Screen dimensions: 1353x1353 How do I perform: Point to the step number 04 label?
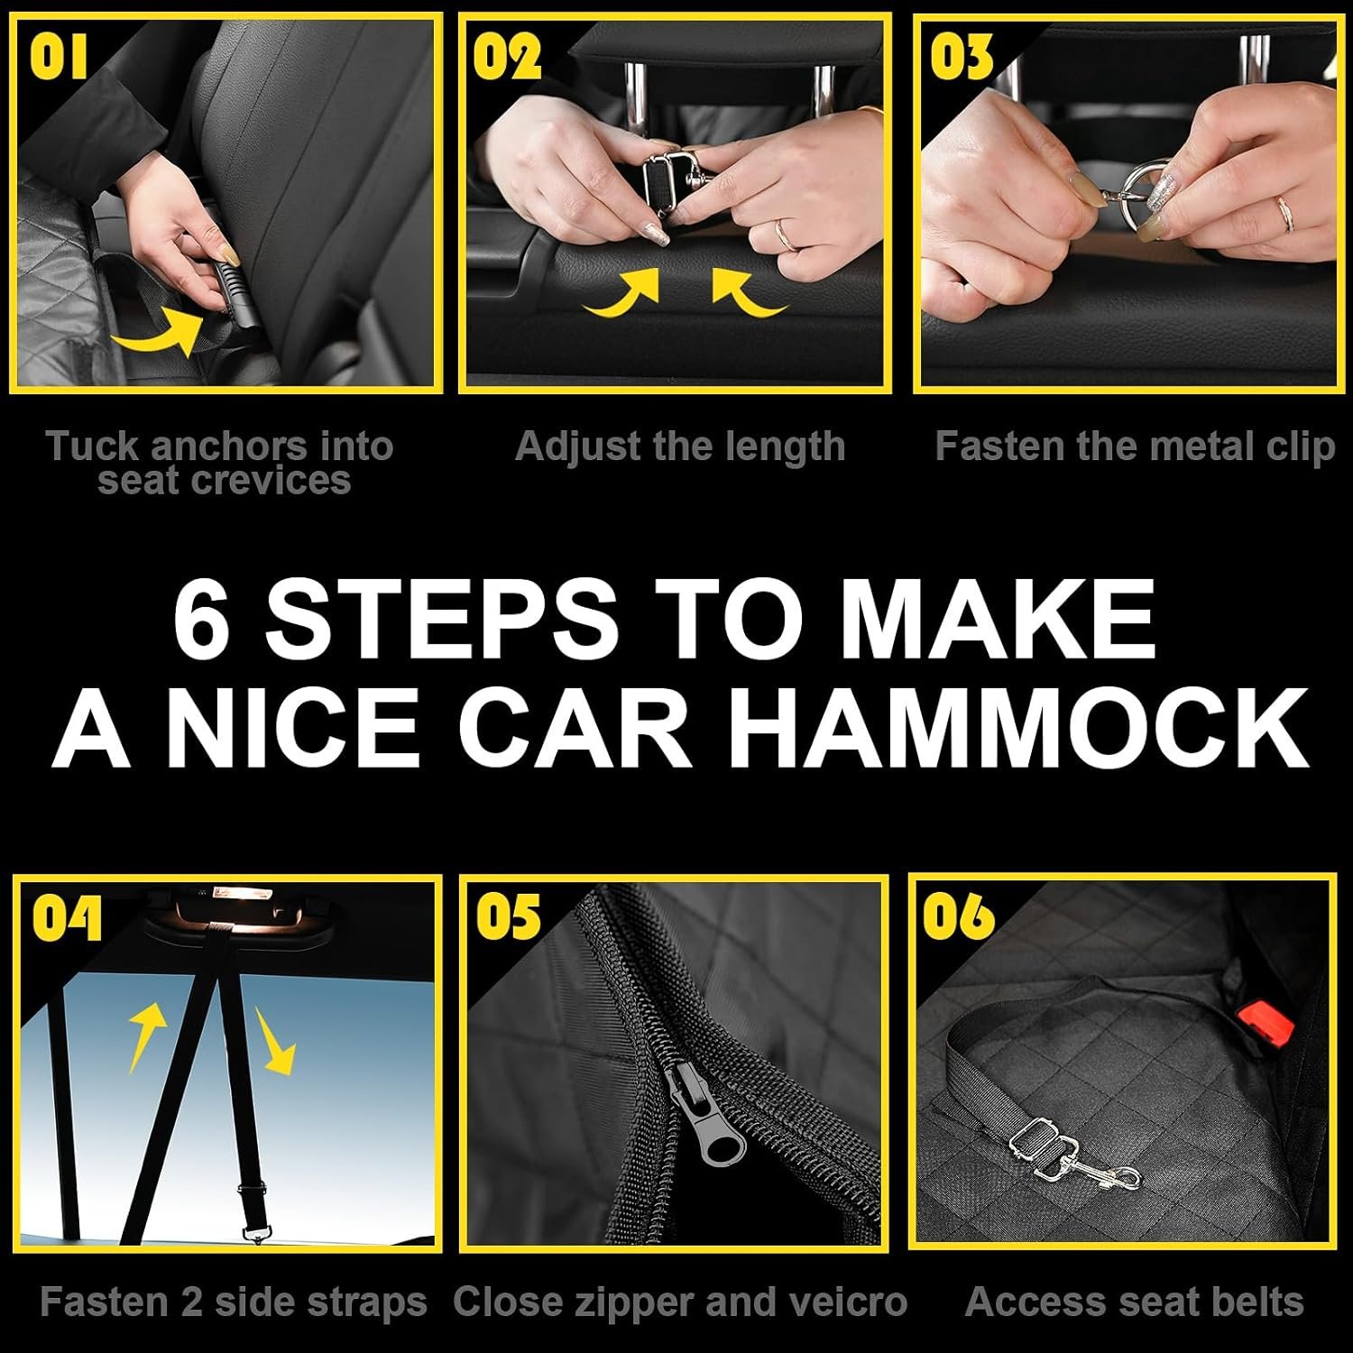[68, 920]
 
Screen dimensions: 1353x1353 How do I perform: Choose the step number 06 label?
[959, 917]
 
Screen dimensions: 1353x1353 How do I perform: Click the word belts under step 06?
[1253, 1302]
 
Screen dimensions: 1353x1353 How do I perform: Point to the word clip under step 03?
[1300, 447]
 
